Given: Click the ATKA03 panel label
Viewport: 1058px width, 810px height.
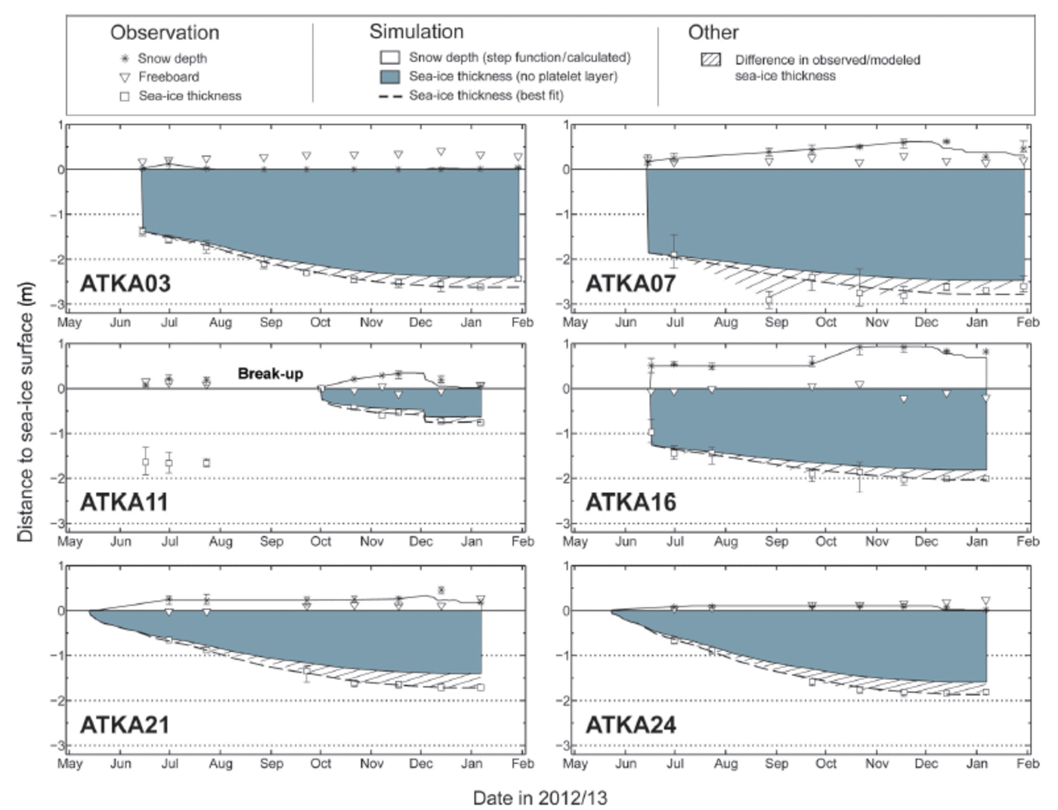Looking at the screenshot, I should click(x=125, y=283).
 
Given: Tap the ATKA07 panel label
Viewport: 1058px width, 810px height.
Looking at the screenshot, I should click(x=631, y=283).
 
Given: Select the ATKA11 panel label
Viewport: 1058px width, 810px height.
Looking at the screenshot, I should click(x=124, y=502).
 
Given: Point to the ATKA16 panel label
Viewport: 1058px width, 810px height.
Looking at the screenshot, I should click(x=631, y=502).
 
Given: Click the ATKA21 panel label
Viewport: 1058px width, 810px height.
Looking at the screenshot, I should click(x=125, y=725).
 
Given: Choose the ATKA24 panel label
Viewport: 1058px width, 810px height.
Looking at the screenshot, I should click(x=631, y=725).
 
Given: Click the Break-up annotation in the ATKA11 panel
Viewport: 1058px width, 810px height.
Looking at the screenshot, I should click(x=271, y=373).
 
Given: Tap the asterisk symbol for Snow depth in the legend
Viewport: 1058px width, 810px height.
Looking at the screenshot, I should click(x=125, y=58).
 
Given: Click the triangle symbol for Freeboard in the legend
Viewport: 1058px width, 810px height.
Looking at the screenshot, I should click(x=125, y=77).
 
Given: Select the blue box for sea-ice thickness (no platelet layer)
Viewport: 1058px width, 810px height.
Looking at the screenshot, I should click(x=389, y=76).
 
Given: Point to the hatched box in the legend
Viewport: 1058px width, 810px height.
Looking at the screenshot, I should click(x=711, y=60).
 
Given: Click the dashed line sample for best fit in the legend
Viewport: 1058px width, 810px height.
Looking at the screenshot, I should click(x=388, y=96).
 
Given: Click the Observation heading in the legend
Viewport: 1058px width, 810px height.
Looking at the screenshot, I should click(x=165, y=32).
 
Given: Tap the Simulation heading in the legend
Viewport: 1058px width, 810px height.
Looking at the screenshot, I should click(x=416, y=32).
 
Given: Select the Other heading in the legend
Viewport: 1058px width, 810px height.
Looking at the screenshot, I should click(x=713, y=32).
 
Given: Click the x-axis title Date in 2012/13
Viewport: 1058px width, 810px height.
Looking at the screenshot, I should click(x=540, y=798).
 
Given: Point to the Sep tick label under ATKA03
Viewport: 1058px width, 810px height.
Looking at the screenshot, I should click(x=271, y=323).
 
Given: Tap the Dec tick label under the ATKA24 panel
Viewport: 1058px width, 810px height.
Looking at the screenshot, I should click(x=927, y=763).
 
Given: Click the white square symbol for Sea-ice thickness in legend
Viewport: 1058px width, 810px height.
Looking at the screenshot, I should click(x=125, y=96).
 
